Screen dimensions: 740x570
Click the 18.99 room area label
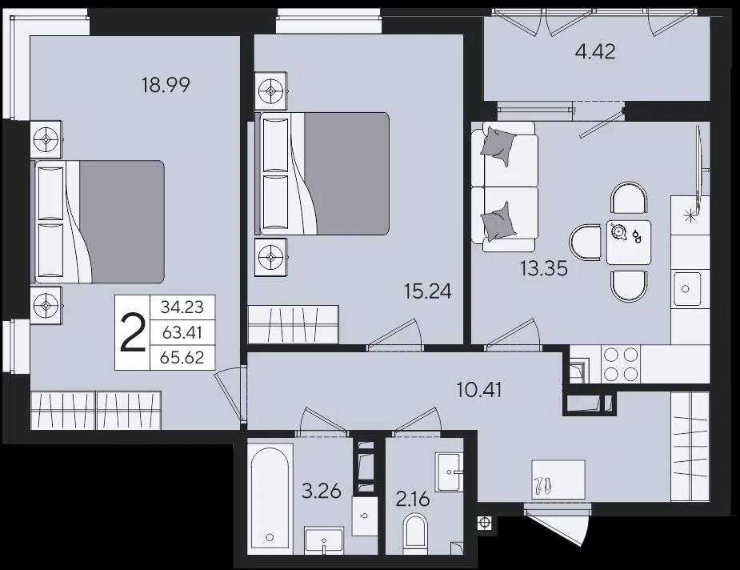(166, 85)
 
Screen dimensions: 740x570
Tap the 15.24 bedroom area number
(427, 291)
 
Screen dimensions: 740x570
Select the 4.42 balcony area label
(595, 51)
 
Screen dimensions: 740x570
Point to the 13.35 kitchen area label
(544, 268)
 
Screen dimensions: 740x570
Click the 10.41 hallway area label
(479, 390)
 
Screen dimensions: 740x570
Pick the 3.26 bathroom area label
(322, 491)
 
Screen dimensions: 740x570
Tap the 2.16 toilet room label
(413, 499)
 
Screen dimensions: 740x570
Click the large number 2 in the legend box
(133, 333)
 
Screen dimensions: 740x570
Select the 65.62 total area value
(182, 358)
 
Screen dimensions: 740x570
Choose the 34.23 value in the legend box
(182, 307)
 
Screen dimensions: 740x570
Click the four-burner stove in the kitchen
(621, 363)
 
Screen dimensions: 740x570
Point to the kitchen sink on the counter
(686, 288)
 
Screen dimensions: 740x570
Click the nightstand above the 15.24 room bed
(270, 90)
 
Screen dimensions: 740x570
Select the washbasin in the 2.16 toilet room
(448, 472)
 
